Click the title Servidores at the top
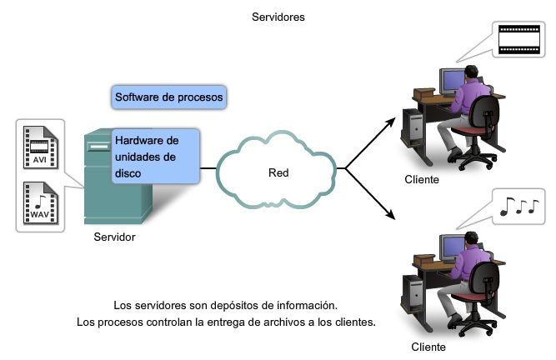click(278, 15)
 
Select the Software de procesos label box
click(168, 97)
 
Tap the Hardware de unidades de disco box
click(156, 156)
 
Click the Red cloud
click(278, 173)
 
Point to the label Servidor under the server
click(114, 237)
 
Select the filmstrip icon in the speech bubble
click(513, 39)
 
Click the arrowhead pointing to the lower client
click(392, 217)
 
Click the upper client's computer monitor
click(452, 80)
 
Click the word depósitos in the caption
click(235, 305)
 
